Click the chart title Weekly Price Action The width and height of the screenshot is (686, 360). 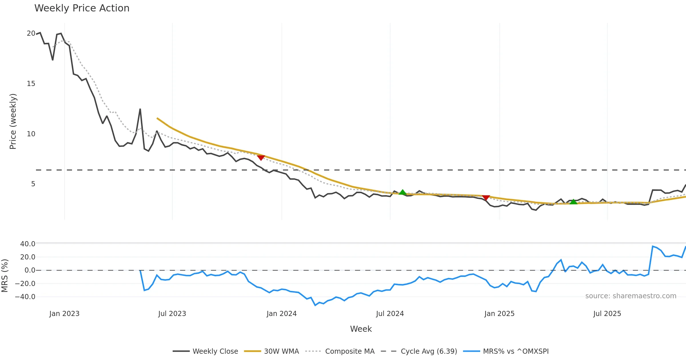pyautogui.click(x=82, y=8)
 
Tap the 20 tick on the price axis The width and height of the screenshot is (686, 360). pyautogui.click(x=31, y=33)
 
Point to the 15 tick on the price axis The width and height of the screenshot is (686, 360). pyautogui.click(x=31, y=84)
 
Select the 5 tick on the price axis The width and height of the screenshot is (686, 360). pyautogui.click(x=33, y=184)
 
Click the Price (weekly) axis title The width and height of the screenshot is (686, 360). pyautogui.click(x=13, y=121)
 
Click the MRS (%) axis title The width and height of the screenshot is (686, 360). pyautogui.click(x=5, y=275)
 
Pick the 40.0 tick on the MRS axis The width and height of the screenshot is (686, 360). pyautogui.click(x=27, y=244)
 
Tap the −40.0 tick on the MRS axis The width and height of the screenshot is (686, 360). pyautogui.click(x=25, y=297)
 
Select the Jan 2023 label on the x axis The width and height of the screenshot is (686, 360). pyautogui.click(x=64, y=314)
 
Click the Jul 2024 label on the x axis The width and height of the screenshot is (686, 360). pyautogui.click(x=390, y=314)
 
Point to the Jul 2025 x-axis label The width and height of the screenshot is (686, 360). pyautogui.click(x=607, y=314)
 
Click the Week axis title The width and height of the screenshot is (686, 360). pyautogui.click(x=361, y=329)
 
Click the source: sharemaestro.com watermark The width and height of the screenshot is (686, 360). pyautogui.click(x=631, y=296)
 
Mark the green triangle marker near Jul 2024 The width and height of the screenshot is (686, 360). pyautogui.click(x=402, y=192)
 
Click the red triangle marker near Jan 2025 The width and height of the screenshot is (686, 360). pyautogui.click(x=486, y=197)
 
